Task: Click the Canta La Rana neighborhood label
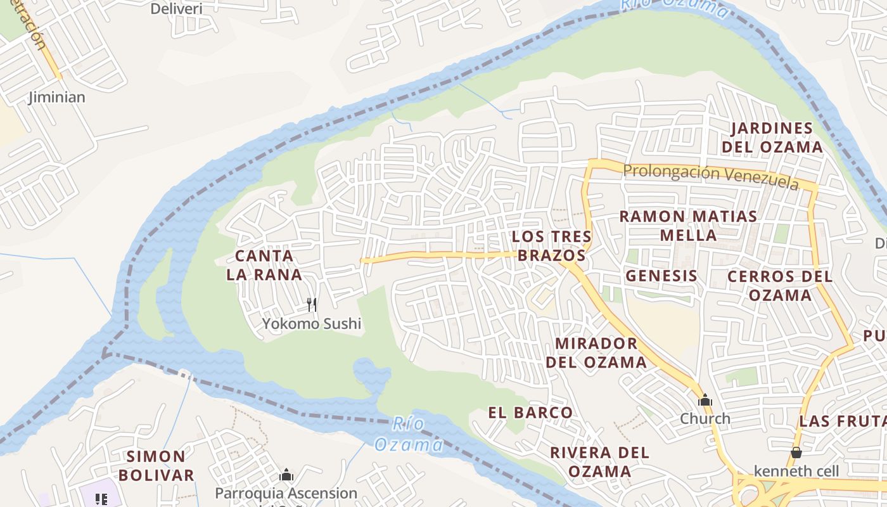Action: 264,266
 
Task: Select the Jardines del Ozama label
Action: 776,138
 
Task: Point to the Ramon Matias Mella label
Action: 688,226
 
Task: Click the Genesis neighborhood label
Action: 661,276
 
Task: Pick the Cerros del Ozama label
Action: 780,286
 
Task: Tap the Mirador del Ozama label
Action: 596,353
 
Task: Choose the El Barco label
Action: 530,413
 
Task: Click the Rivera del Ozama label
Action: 599,462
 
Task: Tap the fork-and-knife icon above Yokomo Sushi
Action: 311,305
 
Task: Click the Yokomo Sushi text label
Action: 312,324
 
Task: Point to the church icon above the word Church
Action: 705,401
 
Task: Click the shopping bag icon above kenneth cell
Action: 796,452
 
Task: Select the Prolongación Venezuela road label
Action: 710,176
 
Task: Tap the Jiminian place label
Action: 57,98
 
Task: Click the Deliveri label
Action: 176,9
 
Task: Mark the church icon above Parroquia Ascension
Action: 286,475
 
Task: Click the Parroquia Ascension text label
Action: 286,493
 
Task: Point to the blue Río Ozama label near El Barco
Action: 409,435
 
